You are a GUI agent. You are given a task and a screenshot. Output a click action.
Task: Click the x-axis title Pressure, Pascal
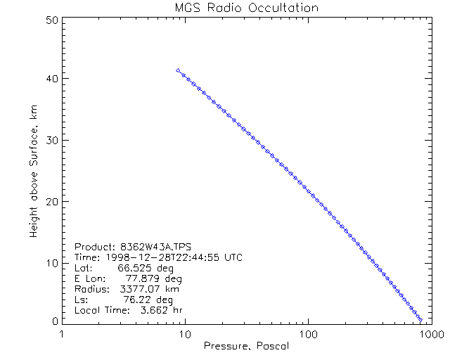click(x=246, y=346)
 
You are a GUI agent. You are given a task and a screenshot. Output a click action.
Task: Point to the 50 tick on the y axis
click(x=51, y=20)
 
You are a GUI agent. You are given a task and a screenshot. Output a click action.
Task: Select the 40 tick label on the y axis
click(x=51, y=79)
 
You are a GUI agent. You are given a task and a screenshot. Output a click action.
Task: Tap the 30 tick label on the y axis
click(x=51, y=141)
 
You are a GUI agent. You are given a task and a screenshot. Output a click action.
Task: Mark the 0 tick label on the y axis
click(x=54, y=320)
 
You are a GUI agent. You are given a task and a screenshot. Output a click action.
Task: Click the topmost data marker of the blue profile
click(x=178, y=70)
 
